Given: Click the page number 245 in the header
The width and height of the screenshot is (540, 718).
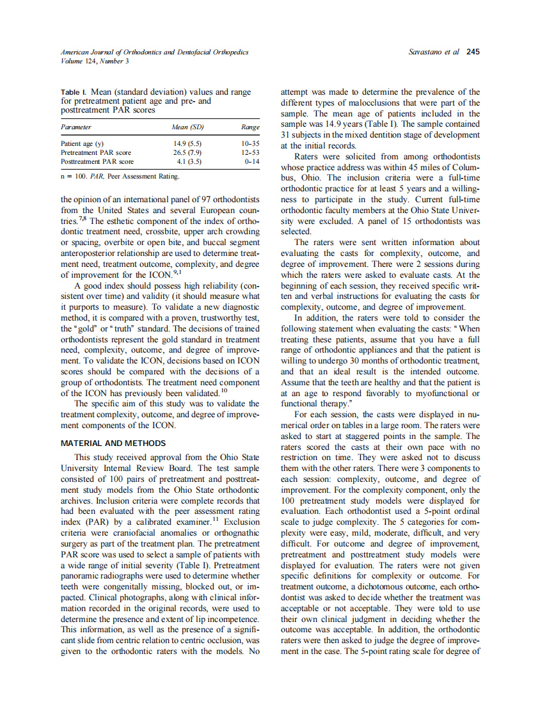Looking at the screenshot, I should [473, 52].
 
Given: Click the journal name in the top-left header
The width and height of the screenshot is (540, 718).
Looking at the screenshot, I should [154, 52].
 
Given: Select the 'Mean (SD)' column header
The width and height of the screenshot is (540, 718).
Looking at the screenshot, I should [187, 127].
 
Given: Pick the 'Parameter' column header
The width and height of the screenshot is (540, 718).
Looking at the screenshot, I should [75, 127].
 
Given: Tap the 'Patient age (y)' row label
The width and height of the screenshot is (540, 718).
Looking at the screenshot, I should [82, 144].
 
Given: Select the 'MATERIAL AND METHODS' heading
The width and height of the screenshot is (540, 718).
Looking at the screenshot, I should [113, 443].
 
